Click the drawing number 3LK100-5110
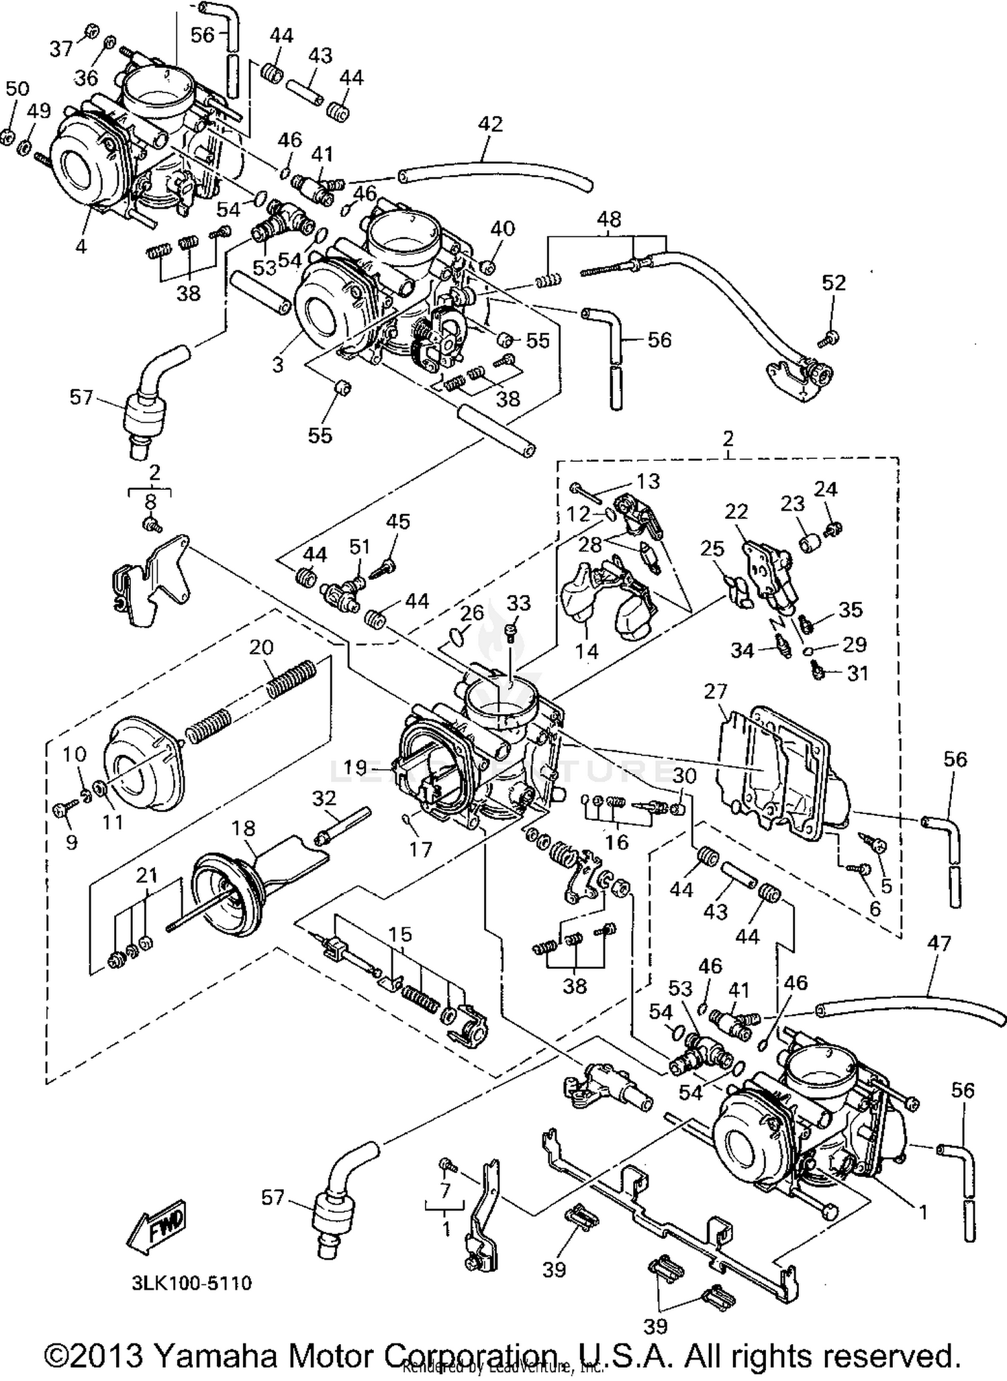coord(191,1283)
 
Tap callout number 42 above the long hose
coord(490,124)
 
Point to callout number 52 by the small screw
coord(833,283)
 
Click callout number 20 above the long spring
coord(261,647)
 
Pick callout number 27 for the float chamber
coord(716,691)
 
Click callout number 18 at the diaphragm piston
coord(243,828)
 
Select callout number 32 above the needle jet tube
coord(324,798)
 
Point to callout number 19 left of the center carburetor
coord(356,766)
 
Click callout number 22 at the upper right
coord(736,511)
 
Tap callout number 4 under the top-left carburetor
coord(81,246)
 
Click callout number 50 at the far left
coord(18,88)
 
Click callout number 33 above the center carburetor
coord(518,603)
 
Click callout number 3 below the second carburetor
coord(278,364)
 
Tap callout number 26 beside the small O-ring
coord(472,612)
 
